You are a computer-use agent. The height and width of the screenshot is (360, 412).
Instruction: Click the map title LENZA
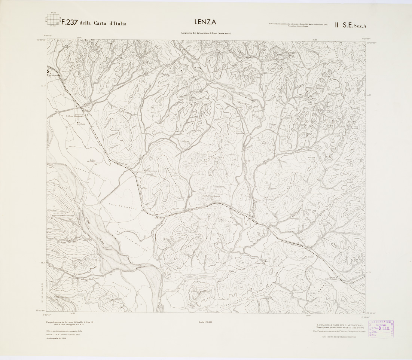(206, 22)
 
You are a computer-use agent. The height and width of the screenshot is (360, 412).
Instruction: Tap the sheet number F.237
(70, 22)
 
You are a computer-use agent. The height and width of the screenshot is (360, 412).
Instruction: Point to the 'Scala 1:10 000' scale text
(206, 322)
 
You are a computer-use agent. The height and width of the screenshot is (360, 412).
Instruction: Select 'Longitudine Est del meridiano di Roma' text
(206, 34)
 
